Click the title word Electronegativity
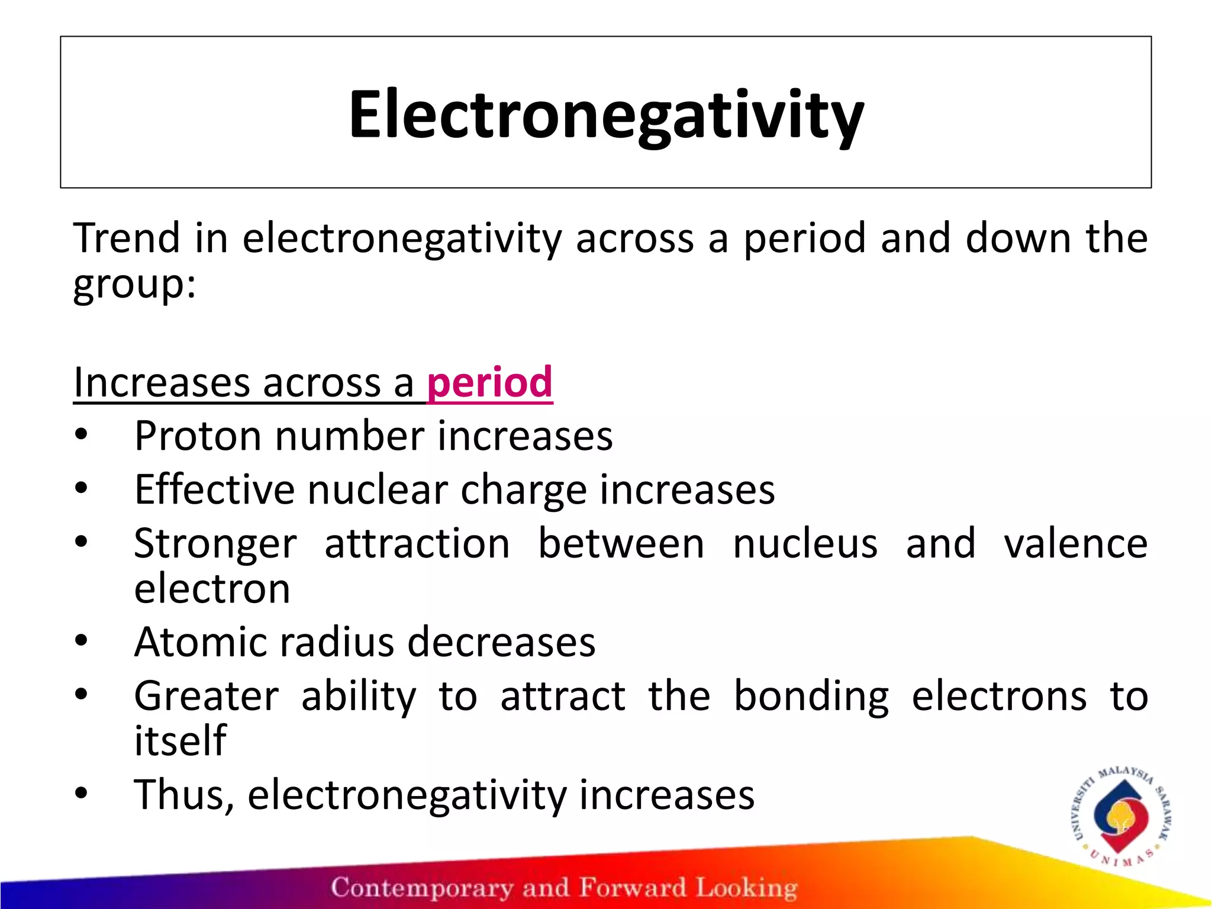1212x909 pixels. [x=605, y=114]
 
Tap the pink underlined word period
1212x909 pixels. [x=490, y=382]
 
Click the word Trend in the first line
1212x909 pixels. [x=126, y=238]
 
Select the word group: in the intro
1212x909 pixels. [x=134, y=285]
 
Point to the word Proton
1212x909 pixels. [x=198, y=436]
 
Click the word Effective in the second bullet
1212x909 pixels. [x=214, y=490]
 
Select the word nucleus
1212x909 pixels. [x=805, y=543]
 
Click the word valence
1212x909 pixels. [x=1075, y=543]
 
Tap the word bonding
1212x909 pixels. [x=811, y=697]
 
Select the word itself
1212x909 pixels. [x=180, y=740]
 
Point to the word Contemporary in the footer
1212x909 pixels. [x=421, y=888]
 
